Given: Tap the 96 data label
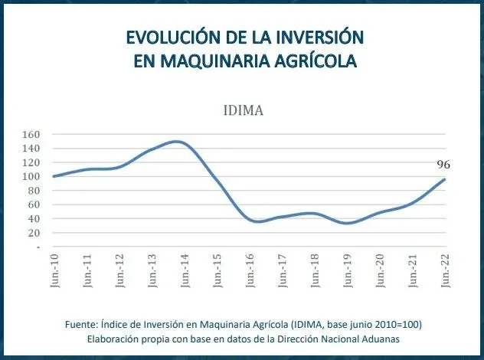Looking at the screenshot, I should [x=443, y=165].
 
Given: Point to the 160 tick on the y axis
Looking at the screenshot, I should [x=30, y=134].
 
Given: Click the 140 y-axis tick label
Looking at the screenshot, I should [x=30, y=149].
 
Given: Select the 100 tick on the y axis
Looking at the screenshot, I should [x=30, y=177].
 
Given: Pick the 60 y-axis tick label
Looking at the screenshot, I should [x=32, y=205].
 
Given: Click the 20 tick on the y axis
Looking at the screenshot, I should [x=32, y=234].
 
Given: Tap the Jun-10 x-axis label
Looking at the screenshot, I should [x=54, y=270].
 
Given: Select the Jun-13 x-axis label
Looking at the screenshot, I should [x=152, y=270].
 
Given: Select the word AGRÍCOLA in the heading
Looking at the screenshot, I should [x=315, y=61].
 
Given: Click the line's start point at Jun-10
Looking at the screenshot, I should [x=54, y=176].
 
